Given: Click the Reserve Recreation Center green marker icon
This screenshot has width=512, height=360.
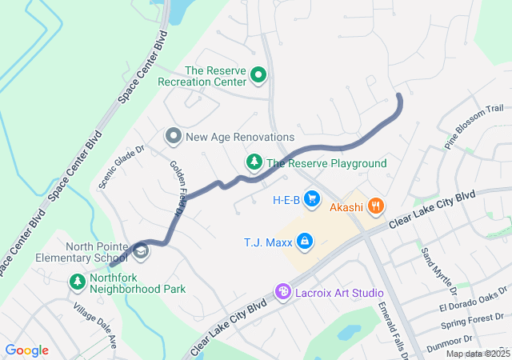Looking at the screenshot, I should pyautogui.click(x=258, y=75).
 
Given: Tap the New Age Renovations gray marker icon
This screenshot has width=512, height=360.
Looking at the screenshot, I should pyautogui.click(x=174, y=137).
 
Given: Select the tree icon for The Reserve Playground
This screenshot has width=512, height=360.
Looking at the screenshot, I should pyautogui.click(x=254, y=163).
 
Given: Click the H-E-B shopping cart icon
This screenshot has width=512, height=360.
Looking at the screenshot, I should pyautogui.click(x=311, y=198).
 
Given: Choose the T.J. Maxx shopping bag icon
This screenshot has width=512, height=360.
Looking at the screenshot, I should pyautogui.click(x=304, y=241).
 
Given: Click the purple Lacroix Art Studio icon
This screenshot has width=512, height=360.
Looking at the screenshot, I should pyautogui.click(x=282, y=293).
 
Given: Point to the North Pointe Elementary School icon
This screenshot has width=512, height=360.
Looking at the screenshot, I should pyautogui.click(x=141, y=252).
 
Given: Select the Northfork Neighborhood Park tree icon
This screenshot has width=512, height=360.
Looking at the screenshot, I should pyautogui.click(x=78, y=282).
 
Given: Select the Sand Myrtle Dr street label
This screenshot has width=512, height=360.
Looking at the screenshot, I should pyautogui.click(x=438, y=268).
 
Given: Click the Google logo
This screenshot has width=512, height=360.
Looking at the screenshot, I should pyautogui.click(x=27, y=350).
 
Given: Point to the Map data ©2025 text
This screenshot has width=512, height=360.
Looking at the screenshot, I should pyautogui.click(x=477, y=354).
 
